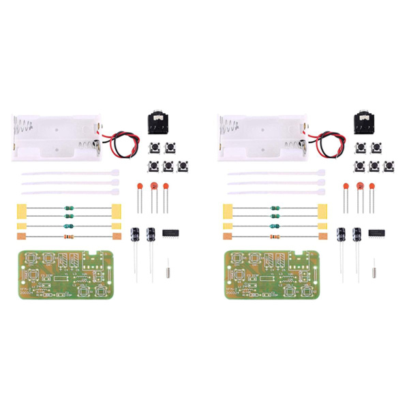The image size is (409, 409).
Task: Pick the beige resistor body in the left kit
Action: point(68,237)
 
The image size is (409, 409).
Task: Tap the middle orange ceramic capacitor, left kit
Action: point(154,187)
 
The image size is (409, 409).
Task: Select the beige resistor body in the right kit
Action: point(275,237)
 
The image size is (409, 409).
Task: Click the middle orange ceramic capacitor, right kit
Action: point(361,187)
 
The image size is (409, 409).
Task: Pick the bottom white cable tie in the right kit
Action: point(276,192)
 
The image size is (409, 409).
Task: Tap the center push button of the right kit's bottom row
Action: point(374,166)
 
